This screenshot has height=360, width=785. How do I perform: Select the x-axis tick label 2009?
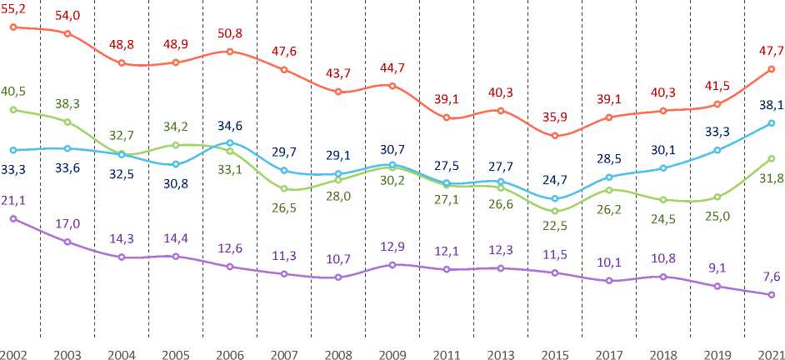(x=392, y=353)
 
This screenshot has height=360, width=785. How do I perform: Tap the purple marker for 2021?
(x=772, y=294)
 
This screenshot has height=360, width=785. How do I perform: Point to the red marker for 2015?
(x=555, y=136)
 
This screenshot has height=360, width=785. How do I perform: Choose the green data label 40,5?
(x=13, y=90)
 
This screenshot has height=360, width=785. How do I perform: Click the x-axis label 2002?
(x=13, y=353)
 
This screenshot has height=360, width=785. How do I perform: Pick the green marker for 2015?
(x=555, y=211)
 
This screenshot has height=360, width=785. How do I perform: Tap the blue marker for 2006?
(x=230, y=142)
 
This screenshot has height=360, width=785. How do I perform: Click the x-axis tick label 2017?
(x=608, y=353)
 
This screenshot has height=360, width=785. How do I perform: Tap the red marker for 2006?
(x=230, y=52)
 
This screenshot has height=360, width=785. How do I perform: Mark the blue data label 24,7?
(x=554, y=178)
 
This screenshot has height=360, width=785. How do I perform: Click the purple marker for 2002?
(x=13, y=218)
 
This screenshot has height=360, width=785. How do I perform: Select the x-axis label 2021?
(x=770, y=353)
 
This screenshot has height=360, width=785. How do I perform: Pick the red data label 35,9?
(x=554, y=117)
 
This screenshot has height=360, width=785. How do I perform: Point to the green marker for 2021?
(x=772, y=158)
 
